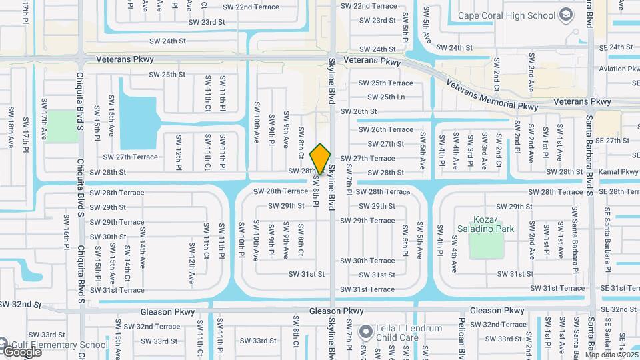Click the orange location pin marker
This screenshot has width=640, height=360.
click(x=321, y=159)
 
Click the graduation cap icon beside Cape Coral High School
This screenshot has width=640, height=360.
click(x=566, y=14)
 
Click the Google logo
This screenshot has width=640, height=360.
click(x=22, y=351)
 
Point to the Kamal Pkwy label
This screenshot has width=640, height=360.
click(x=619, y=172)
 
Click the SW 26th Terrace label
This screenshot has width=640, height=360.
click(x=386, y=129)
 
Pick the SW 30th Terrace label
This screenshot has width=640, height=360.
click(x=373, y=261)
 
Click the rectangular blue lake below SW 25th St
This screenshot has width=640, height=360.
click(x=137, y=113)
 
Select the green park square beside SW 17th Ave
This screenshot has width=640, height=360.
click(x=62, y=126)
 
